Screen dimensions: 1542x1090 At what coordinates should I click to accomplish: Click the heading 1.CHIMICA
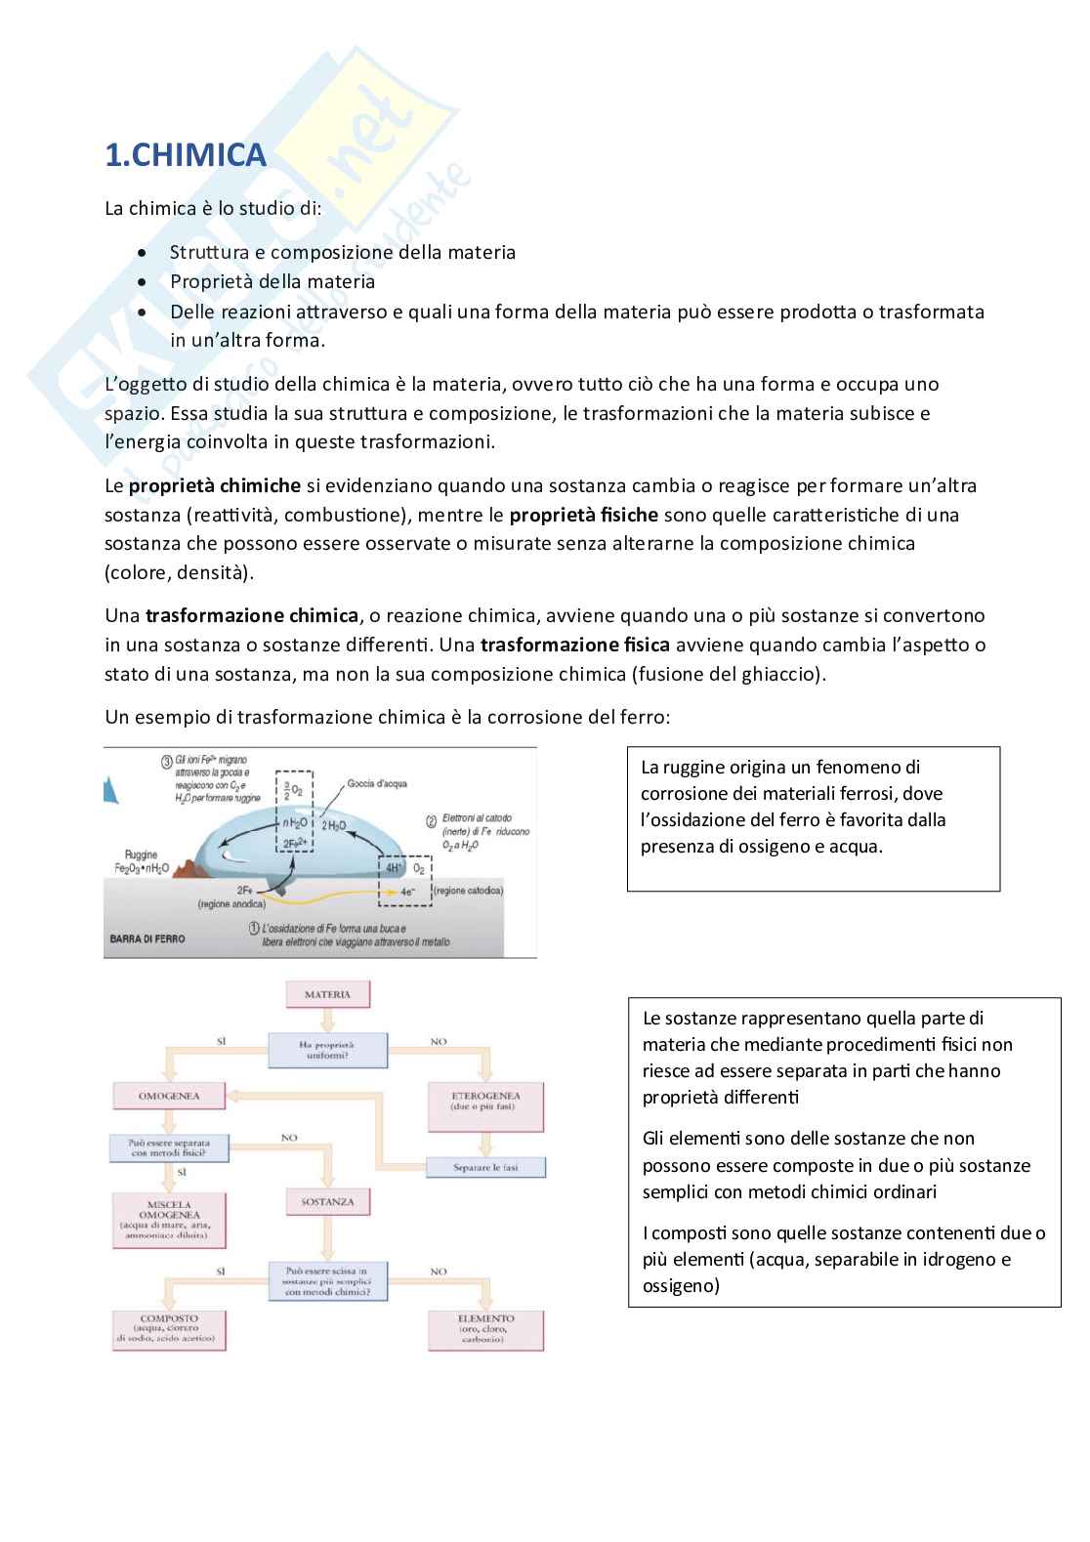[x=185, y=155]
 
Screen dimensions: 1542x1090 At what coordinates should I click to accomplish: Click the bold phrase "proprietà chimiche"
[x=215, y=486]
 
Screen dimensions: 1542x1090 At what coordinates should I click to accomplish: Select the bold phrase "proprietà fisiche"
[x=584, y=515]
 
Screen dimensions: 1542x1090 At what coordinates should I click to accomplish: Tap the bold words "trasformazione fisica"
[x=575, y=646]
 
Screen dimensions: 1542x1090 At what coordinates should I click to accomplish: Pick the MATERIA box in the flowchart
[x=327, y=995]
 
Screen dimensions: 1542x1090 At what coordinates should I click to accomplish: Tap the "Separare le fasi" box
[x=485, y=1168]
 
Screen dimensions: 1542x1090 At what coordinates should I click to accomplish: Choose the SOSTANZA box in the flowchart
[x=327, y=1202]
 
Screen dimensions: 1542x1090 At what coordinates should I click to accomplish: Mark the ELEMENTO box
[x=485, y=1329]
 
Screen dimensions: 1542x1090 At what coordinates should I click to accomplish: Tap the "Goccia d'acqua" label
[x=372, y=783]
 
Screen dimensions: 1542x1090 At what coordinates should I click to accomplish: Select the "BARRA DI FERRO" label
[x=147, y=938]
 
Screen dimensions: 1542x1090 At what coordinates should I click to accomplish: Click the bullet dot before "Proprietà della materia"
[x=144, y=282]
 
